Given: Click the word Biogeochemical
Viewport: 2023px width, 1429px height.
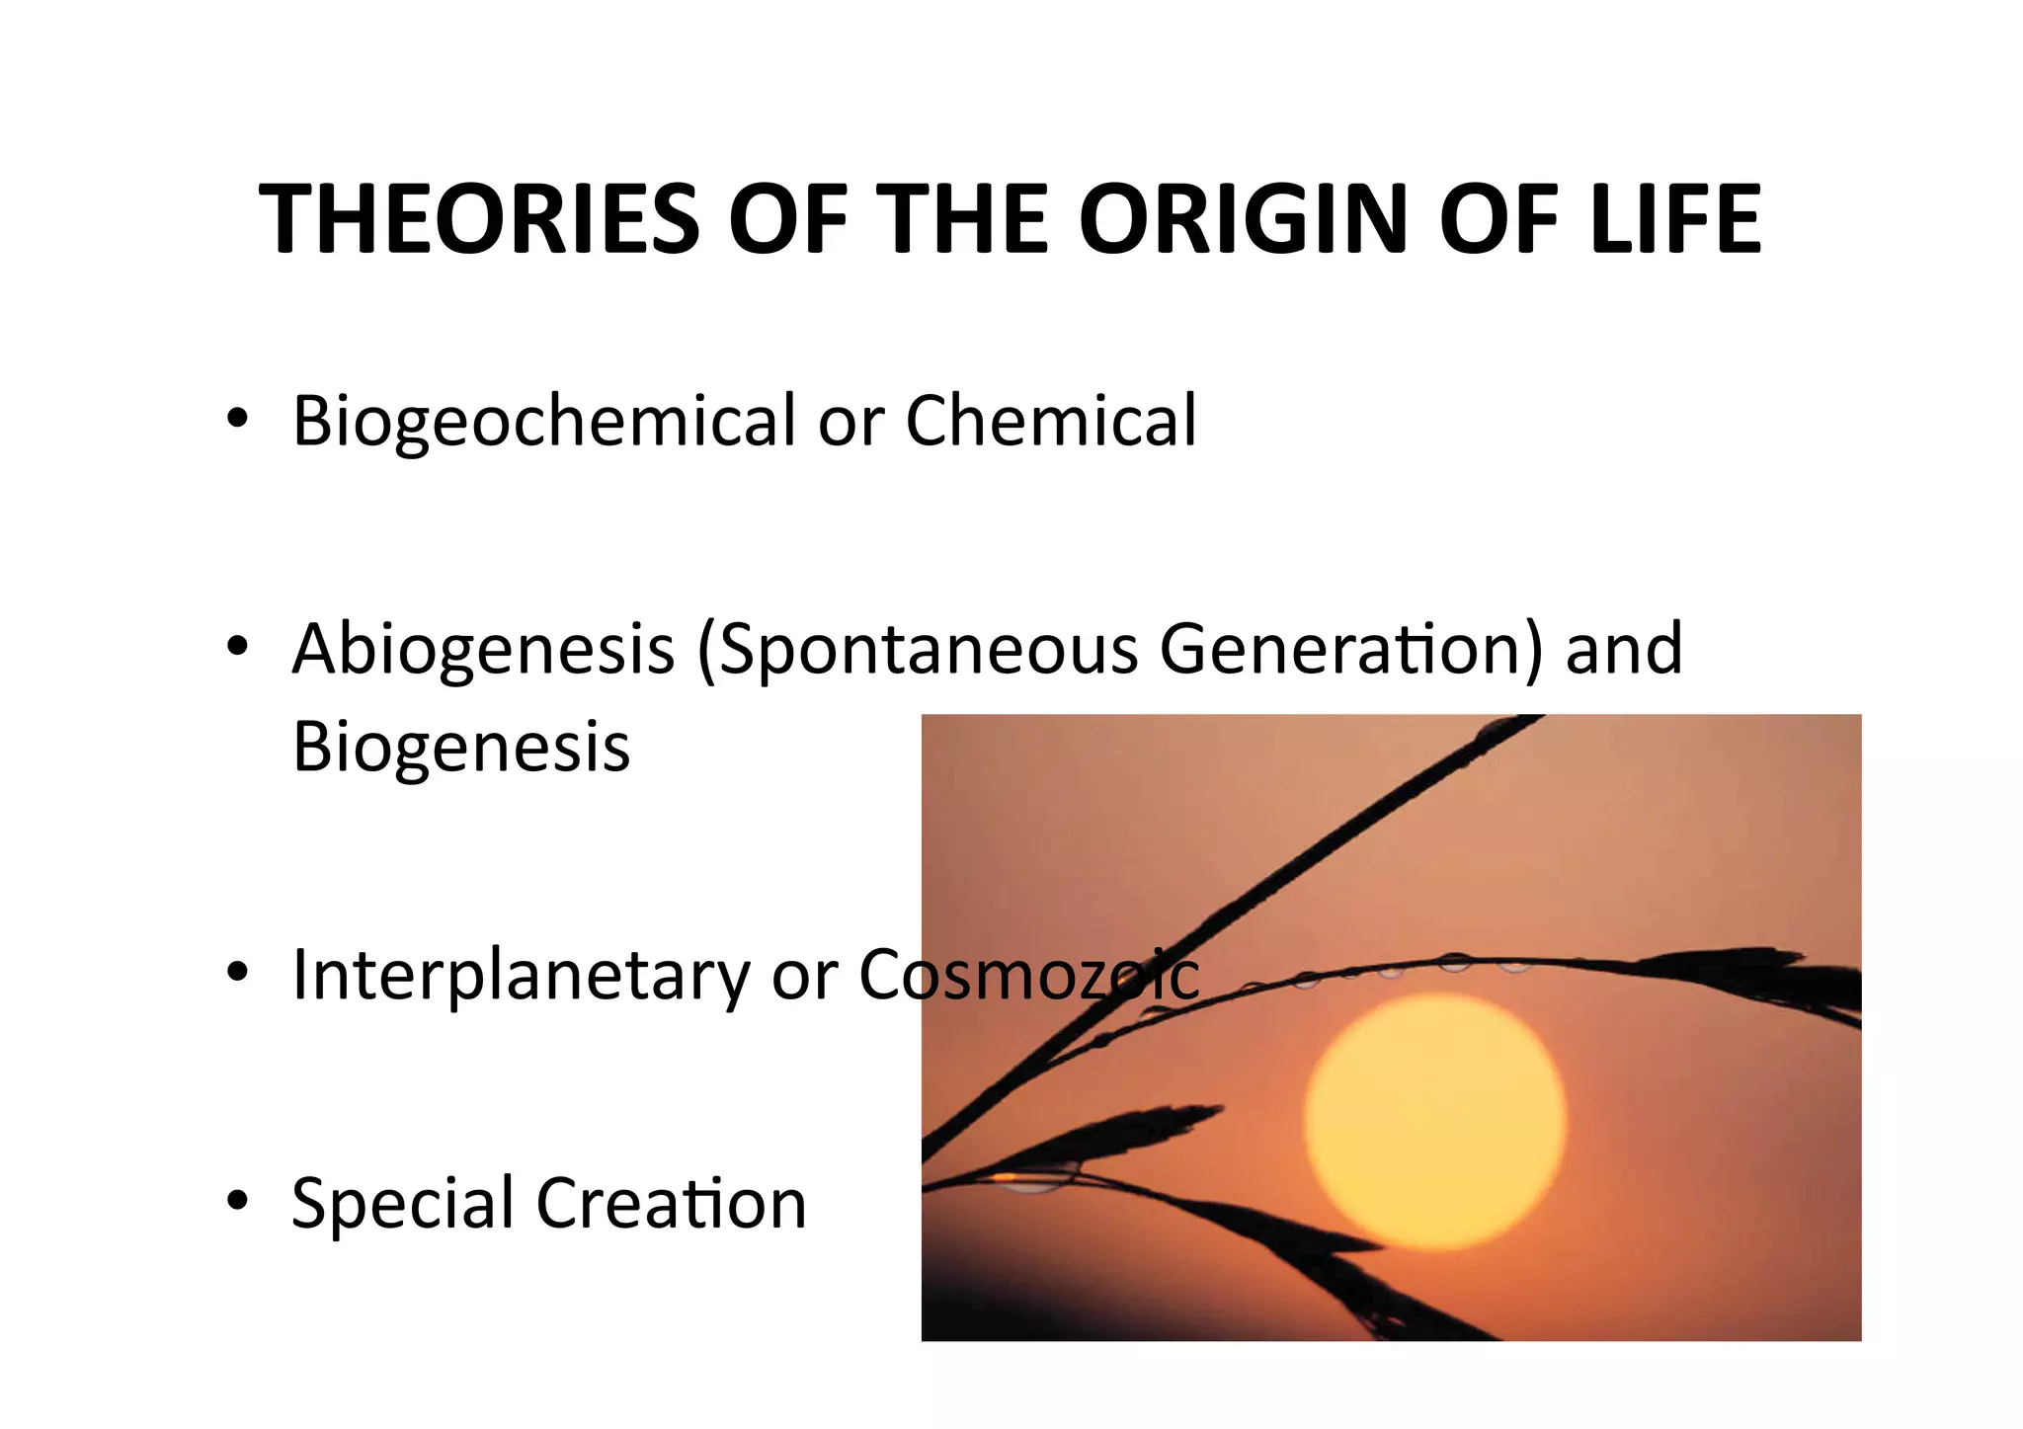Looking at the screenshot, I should click(543, 422).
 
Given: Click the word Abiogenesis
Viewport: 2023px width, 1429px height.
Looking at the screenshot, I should click(483, 650).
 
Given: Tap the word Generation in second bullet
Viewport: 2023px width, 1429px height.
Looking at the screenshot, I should click(1348, 649).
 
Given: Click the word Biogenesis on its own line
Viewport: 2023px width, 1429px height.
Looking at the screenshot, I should click(460, 747).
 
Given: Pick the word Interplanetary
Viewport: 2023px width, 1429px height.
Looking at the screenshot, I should click(521, 977).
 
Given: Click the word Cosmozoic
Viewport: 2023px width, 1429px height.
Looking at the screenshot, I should click(1028, 975).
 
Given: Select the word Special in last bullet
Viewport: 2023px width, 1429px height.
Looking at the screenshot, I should click(402, 1205).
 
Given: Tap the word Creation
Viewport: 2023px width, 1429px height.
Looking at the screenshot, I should click(671, 1204).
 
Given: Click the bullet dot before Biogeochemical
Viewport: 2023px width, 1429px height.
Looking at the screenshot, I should click(236, 419).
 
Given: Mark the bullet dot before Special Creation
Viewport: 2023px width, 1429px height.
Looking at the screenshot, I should click(236, 1201).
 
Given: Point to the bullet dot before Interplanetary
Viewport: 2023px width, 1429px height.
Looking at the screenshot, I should click(236, 973).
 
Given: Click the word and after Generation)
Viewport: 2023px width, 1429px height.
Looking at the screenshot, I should click(1624, 649).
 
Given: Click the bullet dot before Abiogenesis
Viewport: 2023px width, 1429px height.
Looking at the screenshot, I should click(236, 647).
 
